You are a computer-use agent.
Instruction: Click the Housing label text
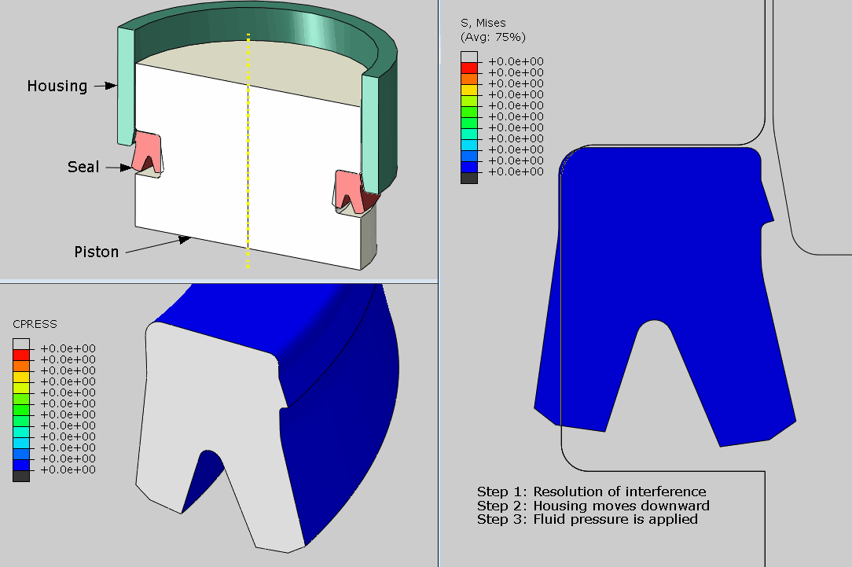(57, 86)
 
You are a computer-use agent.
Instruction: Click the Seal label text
(83, 167)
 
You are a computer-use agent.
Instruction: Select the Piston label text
(96, 252)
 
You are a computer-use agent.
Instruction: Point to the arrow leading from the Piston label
(157, 245)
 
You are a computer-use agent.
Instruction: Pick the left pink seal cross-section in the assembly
(146, 152)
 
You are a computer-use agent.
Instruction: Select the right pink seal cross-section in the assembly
(347, 189)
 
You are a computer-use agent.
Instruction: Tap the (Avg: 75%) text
(493, 37)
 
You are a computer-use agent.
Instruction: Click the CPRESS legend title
(35, 324)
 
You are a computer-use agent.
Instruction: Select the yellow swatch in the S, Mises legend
(468, 94)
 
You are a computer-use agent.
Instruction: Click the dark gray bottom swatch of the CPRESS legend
(21, 476)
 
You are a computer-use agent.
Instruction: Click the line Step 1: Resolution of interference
(591, 492)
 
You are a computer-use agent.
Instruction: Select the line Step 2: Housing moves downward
(593, 506)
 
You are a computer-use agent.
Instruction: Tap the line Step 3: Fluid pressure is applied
(587, 519)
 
